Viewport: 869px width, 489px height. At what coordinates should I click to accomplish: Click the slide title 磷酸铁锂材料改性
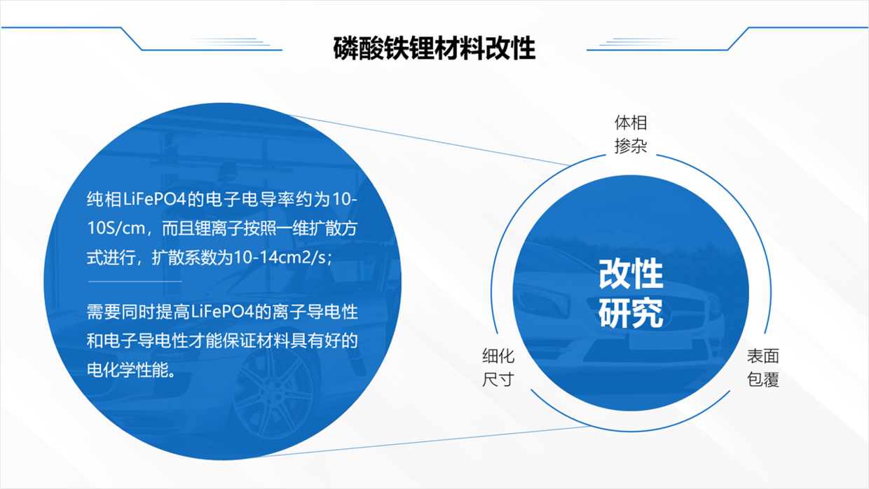[x=434, y=48]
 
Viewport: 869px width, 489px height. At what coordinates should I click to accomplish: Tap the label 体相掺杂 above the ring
[x=631, y=135]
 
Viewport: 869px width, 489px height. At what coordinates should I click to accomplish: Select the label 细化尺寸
[x=498, y=367]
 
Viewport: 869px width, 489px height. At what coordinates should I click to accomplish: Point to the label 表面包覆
[x=762, y=367]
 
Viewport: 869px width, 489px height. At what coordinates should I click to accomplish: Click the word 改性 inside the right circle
[x=631, y=273]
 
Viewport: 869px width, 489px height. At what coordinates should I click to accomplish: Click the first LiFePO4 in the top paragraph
[x=155, y=200]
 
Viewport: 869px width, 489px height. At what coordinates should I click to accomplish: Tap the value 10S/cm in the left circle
[x=116, y=228]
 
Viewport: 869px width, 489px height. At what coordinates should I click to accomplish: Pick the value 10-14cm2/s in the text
[x=280, y=257]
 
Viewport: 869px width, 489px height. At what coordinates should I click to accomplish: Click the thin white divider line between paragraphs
[x=135, y=281]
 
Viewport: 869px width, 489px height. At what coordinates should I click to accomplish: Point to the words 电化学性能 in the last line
[x=128, y=370]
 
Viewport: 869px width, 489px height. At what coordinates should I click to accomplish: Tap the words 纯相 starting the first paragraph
[x=104, y=200]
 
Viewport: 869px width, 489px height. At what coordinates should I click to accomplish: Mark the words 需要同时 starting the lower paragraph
[x=121, y=312]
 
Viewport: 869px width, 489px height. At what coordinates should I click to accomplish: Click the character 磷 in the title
[x=345, y=48]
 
